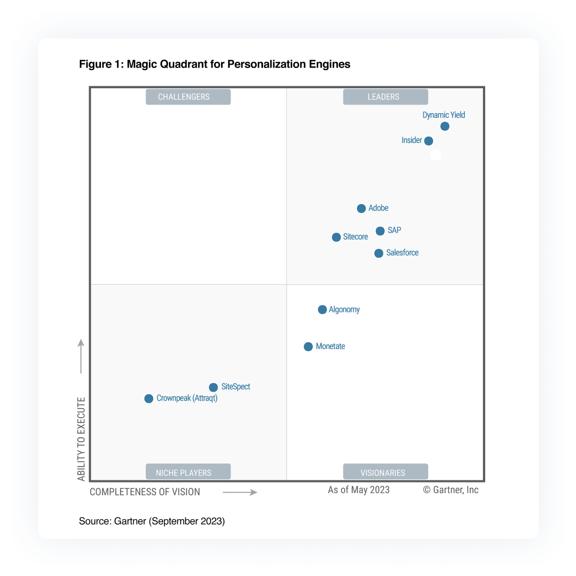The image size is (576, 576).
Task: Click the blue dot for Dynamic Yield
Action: point(445,126)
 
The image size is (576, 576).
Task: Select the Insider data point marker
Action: point(429,141)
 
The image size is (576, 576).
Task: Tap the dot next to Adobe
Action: point(361,208)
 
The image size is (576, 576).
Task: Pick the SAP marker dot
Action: point(380,231)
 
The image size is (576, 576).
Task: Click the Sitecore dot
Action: point(336,237)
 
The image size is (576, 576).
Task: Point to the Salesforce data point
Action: point(378,253)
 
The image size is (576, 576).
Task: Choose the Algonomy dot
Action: point(322,310)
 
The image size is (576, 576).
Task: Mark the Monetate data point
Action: point(308,346)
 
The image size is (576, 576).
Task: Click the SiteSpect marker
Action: point(213,387)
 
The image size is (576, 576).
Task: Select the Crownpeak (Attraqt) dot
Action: point(149,399)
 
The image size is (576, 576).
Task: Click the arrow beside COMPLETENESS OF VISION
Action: point(240,493)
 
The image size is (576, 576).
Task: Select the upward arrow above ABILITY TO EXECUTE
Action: point(81,357)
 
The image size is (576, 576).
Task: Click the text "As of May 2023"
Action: point(359,490)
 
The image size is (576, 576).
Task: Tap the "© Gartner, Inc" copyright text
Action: point(451,490)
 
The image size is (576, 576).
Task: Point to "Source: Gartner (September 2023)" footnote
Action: point(152,521)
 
